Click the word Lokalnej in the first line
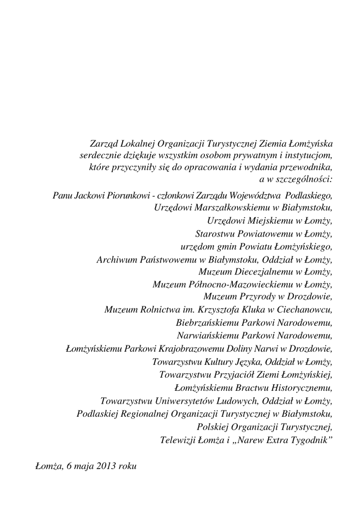pyautogui.click(x=136, y=143)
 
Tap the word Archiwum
pyautogui.click(x=116, y=259)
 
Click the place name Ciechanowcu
pyautogui.click(x=307, y=310)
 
